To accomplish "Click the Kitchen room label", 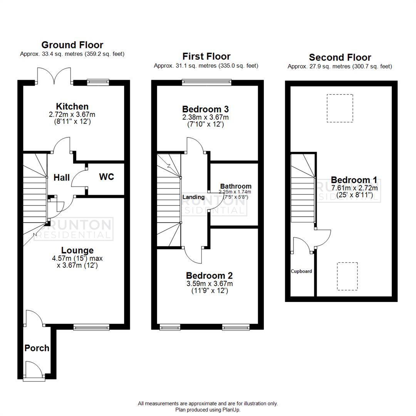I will click(x=72, y=106).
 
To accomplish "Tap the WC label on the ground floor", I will click(x=106, y=177).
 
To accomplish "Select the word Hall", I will click(x=62, y=177).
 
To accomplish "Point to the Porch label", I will click(x=37, y=348).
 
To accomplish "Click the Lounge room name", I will click(x=77, y=251).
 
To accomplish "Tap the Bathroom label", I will click(x=236, y=186).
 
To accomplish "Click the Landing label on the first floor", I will click(x=193, y=197).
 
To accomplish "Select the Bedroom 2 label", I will click(x=209, y=276).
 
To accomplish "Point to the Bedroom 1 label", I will click(x=354, y=180).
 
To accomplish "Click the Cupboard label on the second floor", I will click(x=301, y=271).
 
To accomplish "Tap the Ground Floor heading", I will click(x=72, y=45).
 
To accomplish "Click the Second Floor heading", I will click(x=340, y=57).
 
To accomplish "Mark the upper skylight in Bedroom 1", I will click(x=340, y=108).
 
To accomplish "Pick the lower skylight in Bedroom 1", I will click(x=347, y=276).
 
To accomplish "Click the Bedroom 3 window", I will click(x=206, y=82).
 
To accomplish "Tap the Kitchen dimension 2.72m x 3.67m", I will click(x=72, y=114).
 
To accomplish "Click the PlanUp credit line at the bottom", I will click(x=208, y=410).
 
